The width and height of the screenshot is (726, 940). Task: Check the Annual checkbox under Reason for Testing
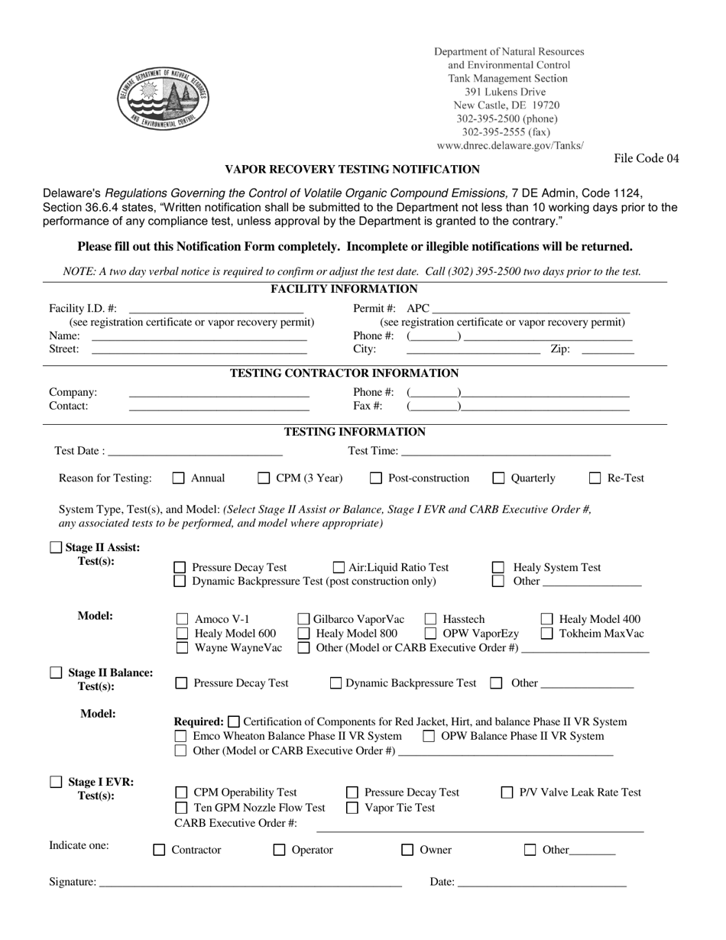[x=179, y=478]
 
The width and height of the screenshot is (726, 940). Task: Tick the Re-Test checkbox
[x=595, y=478]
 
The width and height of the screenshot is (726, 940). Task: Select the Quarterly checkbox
[x=499, y=478]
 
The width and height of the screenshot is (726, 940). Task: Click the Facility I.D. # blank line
[x=216, y=310]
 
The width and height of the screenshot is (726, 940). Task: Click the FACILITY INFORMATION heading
[x=344, y=289]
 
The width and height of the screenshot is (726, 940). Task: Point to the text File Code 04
[x=646, y=159]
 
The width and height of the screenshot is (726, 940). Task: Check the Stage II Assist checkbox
[x=56, y=547]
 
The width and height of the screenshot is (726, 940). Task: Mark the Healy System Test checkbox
[x=498, y=568]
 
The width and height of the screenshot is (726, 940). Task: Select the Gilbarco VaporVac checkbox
[x=303, y=619]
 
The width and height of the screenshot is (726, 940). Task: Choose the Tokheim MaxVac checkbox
[x=547, y=634]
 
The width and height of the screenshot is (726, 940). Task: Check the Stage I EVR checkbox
[x=56, y=782]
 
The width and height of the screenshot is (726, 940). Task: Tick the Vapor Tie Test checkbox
[x=352, y=808]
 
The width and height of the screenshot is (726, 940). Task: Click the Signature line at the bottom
[x=250, y=883]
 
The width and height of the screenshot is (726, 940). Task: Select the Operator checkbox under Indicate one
[x=280, y=850]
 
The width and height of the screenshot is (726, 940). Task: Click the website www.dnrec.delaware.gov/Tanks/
[x=510, y=145]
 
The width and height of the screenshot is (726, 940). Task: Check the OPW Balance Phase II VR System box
[x=429, y=736]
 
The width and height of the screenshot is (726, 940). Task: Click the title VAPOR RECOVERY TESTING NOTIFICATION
[x=352, y=170]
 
